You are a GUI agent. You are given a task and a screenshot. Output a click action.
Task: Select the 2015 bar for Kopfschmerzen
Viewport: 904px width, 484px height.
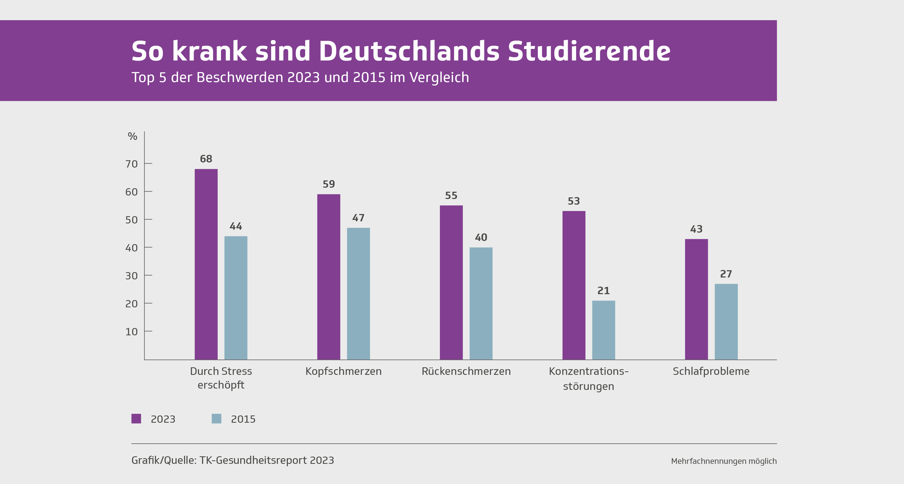(x=358, y=294)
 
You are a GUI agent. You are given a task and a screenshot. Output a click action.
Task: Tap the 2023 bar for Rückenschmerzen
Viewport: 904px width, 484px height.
(x=451, y=282)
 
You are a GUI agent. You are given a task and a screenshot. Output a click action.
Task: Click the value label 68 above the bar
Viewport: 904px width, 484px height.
(x=206, y=159)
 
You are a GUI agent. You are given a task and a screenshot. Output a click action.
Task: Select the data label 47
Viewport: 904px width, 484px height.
(x=358, y=218)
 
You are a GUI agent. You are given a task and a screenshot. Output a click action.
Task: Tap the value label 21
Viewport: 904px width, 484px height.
(x=603, y=291)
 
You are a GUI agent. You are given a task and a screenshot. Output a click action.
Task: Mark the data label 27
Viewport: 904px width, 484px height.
(x=726, y=274)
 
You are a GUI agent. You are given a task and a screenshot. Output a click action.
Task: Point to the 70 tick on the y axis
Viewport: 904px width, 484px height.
(x=132, y=164)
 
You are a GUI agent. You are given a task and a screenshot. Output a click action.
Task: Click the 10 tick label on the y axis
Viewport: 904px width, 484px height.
(x=132, y=332)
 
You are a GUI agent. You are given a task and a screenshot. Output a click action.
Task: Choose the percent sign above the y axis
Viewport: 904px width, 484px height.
(x=132, y=136)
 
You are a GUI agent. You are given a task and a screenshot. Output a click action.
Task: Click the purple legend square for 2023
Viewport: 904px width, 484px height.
(x=136, y=418)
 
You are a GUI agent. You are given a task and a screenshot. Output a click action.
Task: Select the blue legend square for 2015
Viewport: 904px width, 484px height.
(x=217, y=418)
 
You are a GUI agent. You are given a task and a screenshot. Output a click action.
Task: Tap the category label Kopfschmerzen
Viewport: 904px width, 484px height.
(x=343, y=371)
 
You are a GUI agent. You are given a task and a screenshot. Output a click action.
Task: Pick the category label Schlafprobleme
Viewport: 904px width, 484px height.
(x=711, y=371)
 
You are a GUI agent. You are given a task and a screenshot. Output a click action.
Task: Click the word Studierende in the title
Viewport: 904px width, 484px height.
(x=589, y=51)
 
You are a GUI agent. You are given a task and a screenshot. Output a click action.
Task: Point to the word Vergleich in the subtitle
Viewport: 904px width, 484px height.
(x=439, y=77)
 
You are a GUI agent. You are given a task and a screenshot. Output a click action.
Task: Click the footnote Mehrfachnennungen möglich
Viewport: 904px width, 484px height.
(x=724, y=461)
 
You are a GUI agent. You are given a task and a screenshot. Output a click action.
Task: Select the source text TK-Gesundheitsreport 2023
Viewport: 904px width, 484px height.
(x=267, y=460)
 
